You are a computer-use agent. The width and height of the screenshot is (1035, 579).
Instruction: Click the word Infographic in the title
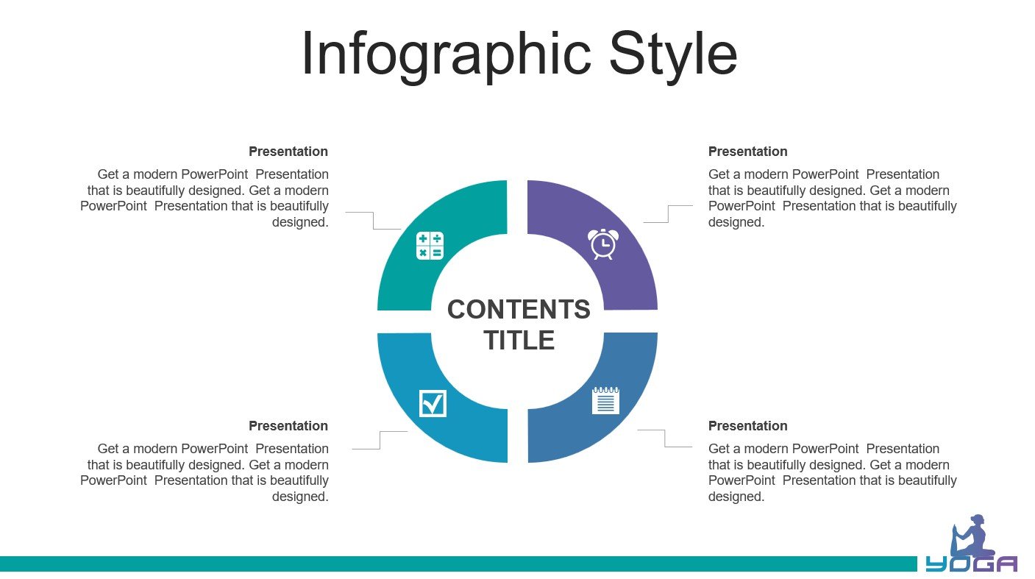click(x=447, y=54)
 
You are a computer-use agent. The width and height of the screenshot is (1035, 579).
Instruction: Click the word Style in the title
click(x=673, y=54)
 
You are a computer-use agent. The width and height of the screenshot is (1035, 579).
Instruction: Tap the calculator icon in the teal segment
click(x=430, y=246)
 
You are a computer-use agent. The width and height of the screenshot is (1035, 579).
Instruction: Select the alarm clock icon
click(x=603, y=244)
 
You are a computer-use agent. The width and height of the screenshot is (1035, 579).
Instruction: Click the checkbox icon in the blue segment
click(x=433, y=403)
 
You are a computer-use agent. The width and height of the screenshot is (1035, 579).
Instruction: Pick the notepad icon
click(x=605, y=401)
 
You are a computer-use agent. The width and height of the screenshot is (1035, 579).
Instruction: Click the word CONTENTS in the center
click(x=519, y=309)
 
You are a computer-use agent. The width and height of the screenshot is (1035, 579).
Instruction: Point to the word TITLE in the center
click(x=519, y=340)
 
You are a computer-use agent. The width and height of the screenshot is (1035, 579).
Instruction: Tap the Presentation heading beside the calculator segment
click(x=288, y=152)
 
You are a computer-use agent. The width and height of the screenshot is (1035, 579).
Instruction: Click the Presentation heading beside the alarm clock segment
click(x=747, y=152)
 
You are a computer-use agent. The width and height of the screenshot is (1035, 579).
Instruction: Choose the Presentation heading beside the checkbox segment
click(x=288, y=426)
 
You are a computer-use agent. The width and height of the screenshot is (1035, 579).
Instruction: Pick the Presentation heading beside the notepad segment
click(x=747, y=426)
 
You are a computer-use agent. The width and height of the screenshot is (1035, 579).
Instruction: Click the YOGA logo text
click(x=971, y=564)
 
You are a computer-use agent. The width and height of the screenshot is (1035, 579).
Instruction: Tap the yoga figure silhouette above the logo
click(x=972, y=536)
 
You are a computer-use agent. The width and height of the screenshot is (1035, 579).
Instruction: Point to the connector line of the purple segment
click(x=668, y=214)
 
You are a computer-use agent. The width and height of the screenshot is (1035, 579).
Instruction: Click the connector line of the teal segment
click(x=374, y=221)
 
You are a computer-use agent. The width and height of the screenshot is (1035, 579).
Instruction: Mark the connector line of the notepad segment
click(x=665, y=438)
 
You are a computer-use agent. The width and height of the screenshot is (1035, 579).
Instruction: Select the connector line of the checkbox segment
click(x=380, y=441)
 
